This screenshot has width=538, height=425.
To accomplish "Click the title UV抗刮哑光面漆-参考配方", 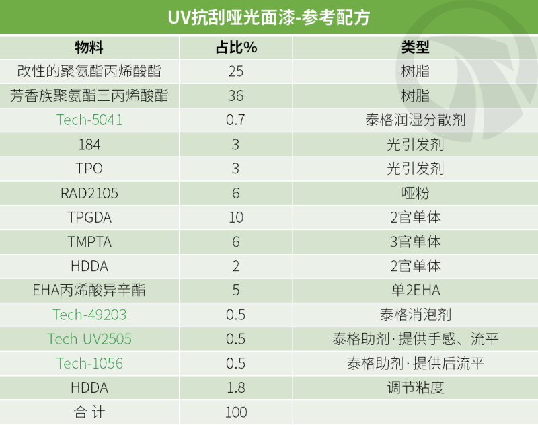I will [268, 17].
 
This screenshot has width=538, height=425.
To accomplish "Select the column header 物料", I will [89, 48].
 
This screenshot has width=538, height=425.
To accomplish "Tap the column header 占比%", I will [236, 48].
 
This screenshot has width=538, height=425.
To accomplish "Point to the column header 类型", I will [415, 48].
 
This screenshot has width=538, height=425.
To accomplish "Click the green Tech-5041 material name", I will [89, 120].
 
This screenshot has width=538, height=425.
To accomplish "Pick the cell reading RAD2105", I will [89, 194].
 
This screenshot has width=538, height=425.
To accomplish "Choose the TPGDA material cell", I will [89, 218].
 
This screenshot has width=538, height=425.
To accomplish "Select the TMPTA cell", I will [89, 242].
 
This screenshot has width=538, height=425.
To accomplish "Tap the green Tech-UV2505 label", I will [89, 339].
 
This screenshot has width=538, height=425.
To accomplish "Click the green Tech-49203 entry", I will [89, 315].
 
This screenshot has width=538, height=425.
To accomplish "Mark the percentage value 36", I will [236, 96].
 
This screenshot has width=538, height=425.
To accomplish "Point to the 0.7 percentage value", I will [236, 120].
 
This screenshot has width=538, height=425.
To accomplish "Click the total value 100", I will [236, 412].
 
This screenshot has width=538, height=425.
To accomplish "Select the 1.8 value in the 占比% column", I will [236, 387].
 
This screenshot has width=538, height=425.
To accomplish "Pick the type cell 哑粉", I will [415, 194].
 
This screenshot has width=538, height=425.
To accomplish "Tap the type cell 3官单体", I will [415, 242].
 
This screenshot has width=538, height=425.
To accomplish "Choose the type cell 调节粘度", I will [415, 387].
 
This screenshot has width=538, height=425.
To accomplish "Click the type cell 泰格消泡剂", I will [415, 315].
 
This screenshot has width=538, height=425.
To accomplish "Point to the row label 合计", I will [89, 412].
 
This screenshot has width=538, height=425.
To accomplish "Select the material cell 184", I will [89, 145].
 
